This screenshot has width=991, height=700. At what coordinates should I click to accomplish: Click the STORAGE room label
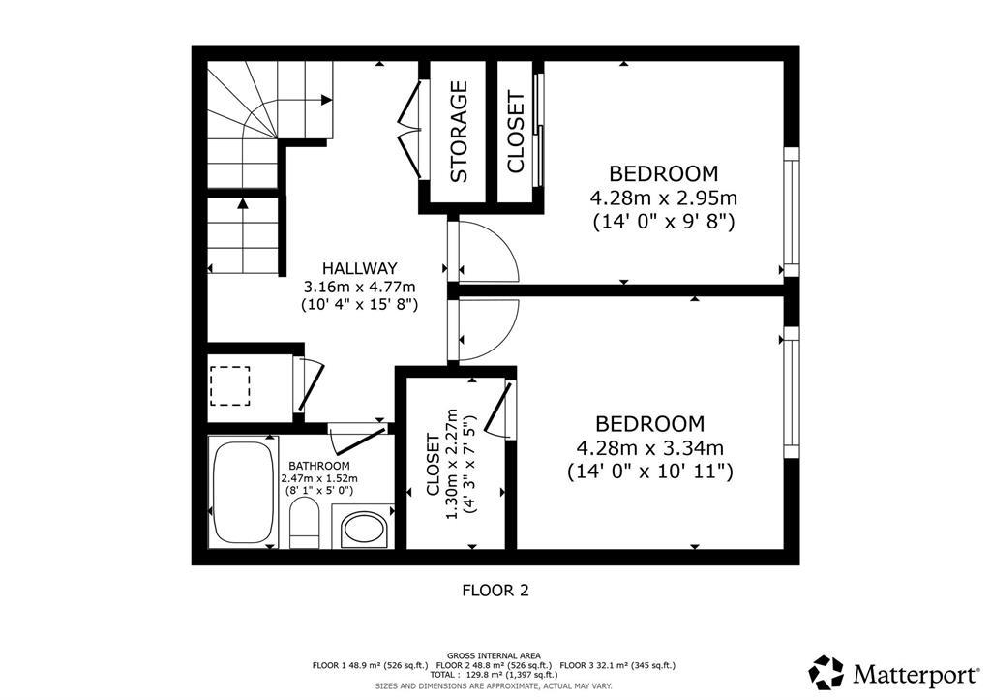click(459, 132)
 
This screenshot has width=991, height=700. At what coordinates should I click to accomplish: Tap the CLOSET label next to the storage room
click(516, 132)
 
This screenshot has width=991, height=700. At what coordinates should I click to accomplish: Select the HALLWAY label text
click(359, 268)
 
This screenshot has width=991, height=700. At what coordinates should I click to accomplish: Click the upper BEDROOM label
click(663, 174)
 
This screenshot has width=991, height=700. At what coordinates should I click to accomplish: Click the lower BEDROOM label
click(649, 424)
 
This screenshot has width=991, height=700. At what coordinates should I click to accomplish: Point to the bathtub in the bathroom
click(242, 493)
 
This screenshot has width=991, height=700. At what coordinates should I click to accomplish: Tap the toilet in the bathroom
click(305, 523)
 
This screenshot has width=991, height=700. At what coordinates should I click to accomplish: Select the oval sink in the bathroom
click(365, 531)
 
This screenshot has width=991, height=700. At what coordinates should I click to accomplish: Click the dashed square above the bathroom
click(230, 384)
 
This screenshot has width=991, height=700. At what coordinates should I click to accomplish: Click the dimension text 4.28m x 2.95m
click(663, 198)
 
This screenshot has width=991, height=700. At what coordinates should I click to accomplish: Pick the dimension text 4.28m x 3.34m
click(649, 448)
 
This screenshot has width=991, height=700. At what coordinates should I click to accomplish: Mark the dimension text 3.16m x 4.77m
click(359, 287)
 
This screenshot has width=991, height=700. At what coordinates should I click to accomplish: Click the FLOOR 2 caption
click(495, 589)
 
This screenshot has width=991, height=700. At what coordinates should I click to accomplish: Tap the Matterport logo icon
click(826, 672)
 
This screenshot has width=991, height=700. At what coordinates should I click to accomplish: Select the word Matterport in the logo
click(912, 673)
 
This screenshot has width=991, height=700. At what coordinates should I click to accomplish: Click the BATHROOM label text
click(318, 466)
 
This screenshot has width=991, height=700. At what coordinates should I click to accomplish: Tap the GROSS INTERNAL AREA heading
click(494, 655)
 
